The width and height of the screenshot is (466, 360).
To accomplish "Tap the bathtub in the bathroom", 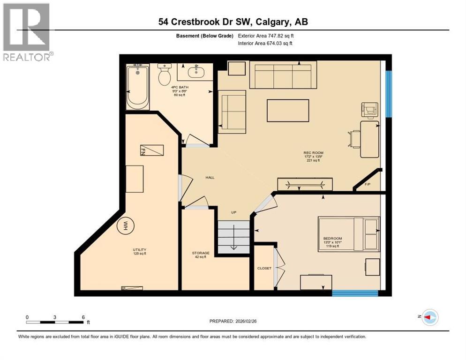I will tap(137, 87).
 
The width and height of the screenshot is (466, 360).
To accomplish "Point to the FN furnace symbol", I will tap(153, 150).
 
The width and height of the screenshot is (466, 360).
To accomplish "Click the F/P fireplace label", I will tap(368, 184).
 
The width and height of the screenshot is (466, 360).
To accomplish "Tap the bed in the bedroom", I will tap(348, 234).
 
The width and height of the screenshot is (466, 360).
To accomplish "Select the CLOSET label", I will tap(264, 269).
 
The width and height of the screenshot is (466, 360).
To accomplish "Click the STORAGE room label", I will tap(200, 253).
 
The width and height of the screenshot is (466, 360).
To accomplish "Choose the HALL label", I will tap(210, 178).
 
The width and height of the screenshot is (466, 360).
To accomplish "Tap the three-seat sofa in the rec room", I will tap(280, 75).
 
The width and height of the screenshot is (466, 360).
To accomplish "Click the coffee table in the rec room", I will tap(288, 111).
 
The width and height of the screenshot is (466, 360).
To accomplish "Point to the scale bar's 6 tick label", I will tap(83, 317).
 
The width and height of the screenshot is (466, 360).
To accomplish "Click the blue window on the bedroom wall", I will tap(355, 293).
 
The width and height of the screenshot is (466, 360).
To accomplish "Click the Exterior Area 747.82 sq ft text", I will tap(266, 35).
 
